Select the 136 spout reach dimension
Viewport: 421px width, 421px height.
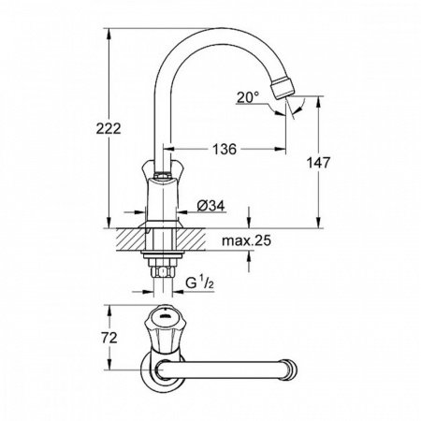222,148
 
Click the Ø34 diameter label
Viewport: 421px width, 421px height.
211,205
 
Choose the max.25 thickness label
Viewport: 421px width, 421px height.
247,242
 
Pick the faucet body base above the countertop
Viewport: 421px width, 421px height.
160,210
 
